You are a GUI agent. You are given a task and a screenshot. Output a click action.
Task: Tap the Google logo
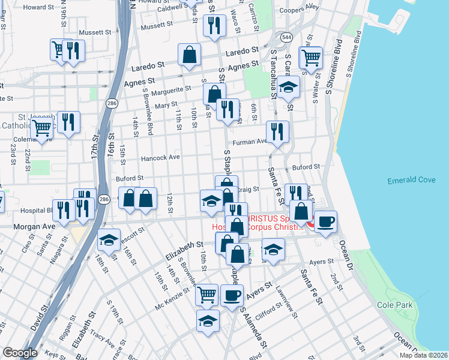pos(19,353)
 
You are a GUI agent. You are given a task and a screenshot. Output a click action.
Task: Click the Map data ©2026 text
pos(423,355)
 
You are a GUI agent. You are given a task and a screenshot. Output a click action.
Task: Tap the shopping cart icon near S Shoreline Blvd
pos(310,58)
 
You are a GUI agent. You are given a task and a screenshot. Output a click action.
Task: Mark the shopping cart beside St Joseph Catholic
pos(41,128)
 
